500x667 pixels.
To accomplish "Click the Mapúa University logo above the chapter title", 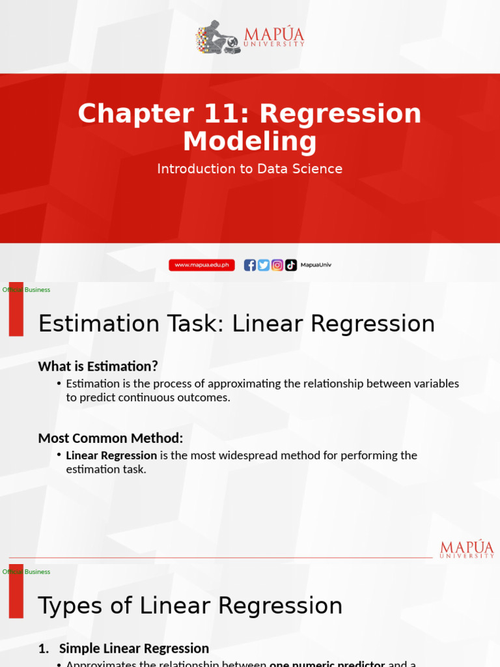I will coord(250,36).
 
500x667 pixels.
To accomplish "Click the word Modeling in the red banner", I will coord(250,142).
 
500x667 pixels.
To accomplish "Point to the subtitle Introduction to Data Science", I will coord(250,169).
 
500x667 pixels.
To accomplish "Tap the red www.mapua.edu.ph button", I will coord(202,265).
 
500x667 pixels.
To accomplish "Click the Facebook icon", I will coord(250,265).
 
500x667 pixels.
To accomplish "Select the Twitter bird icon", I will coord(264,265).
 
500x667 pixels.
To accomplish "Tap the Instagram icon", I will coord(277,265).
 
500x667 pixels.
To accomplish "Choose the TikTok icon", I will coord(291,265).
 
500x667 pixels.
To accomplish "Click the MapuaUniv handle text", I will coord(316,265).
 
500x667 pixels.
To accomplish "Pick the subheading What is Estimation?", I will coord(98,367).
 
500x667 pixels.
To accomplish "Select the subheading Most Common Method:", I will coord(111,438).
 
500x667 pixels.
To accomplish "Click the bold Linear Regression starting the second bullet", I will coord(111,455).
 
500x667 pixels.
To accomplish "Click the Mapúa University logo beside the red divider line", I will coord(467,549).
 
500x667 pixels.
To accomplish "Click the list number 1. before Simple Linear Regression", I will coord(44,648).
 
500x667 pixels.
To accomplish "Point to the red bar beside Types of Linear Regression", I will coord(16,591).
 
